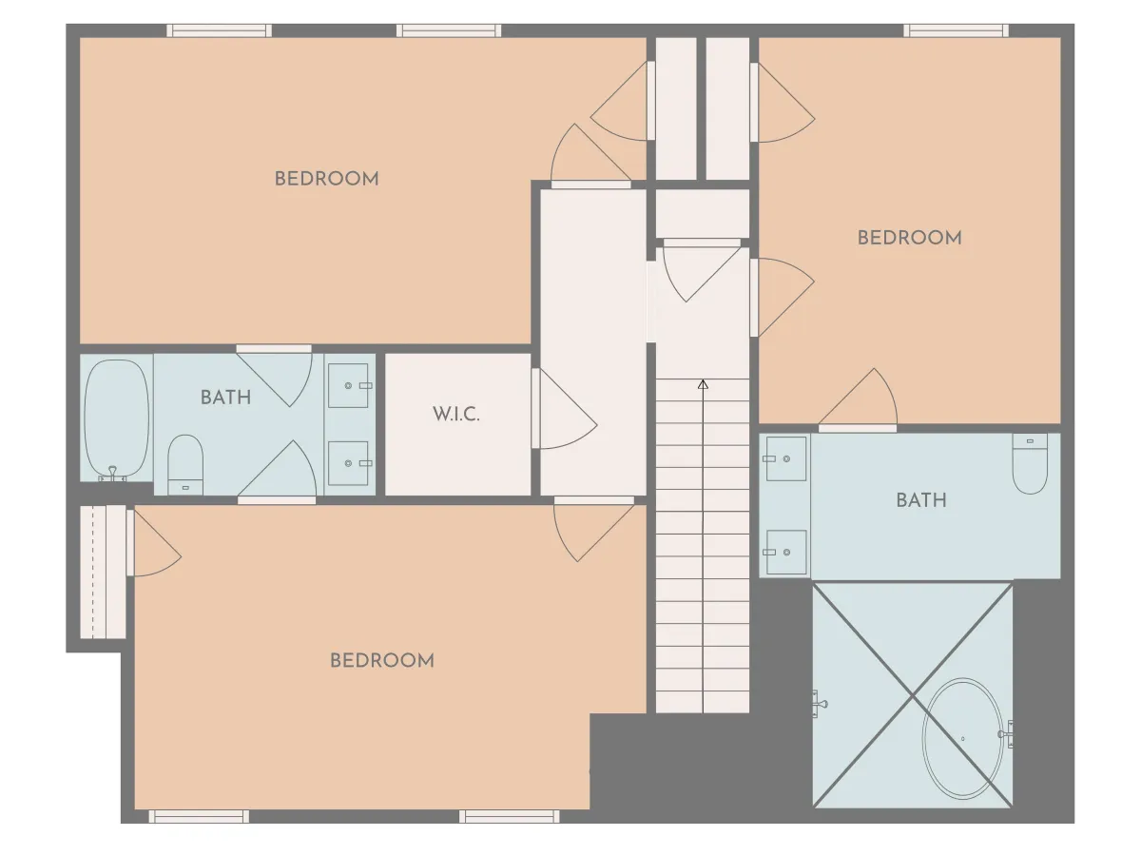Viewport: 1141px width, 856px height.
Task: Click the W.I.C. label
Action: click(x=455, y=415)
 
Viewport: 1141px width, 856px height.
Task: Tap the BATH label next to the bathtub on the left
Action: click(x=226, y=398)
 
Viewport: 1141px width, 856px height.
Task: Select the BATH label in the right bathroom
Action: click(x=921, y=500)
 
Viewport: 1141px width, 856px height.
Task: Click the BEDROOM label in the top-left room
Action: click(x=326, y=179)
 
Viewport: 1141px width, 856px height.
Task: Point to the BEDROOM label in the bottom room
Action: click(x=382, y=661)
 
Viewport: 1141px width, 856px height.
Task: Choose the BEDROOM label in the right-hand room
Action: click(x=909, y=238)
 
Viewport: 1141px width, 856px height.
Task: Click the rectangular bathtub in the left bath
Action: click(x=116, y=418)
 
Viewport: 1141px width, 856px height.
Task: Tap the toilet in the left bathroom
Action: click(x=185, y=464)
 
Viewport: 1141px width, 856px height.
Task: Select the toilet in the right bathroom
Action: click(x=1030, y=463)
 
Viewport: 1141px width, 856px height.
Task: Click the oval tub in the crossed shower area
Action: click(x=962, y=739)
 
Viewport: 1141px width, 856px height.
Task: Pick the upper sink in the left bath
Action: click(x=349, y=385)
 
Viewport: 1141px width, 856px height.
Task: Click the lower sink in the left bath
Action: click(x=349, y=463)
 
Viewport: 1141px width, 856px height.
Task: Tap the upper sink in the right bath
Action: click(x=785, y=458)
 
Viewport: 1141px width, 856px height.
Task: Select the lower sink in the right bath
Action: click(x=785, y=552)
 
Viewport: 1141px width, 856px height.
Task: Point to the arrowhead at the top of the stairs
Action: click(x=703, y=384)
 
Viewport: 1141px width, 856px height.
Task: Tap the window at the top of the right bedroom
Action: click(x=956, y=30)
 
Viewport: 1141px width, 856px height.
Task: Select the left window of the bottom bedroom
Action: click(x=199, y=816)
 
